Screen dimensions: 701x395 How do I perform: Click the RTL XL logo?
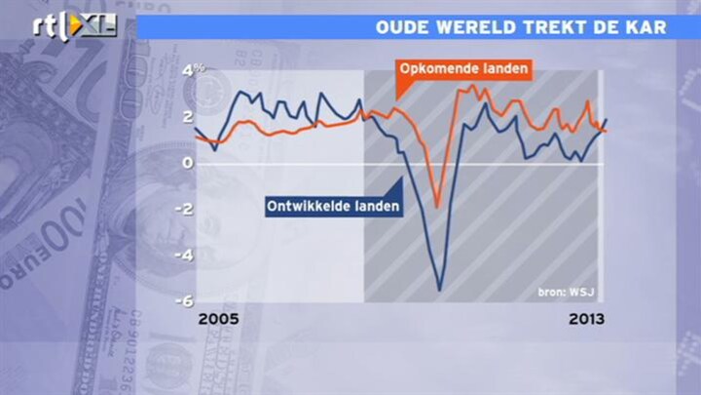point(75,25)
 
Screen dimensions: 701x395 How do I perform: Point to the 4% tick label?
point(193,70)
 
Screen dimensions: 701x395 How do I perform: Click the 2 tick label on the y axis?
point(188,116)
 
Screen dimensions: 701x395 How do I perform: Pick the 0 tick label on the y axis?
point(188,163)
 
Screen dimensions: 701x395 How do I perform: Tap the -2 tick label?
point(184,209)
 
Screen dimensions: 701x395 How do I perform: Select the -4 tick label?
point(184,256)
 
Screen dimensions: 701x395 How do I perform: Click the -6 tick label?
point(184,301)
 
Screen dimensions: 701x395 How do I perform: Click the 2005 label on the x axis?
point(219,319)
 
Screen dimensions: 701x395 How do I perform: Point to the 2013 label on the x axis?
point(586,319)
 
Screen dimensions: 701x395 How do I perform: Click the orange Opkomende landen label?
point(463,69)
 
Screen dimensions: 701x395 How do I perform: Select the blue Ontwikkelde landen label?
point(333,207)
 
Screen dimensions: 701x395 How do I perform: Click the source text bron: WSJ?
point(566,293)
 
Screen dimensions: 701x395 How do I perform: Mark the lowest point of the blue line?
point(439,291)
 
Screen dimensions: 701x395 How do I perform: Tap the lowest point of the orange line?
point(438,208)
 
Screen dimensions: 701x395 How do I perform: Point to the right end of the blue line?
point(607,119)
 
